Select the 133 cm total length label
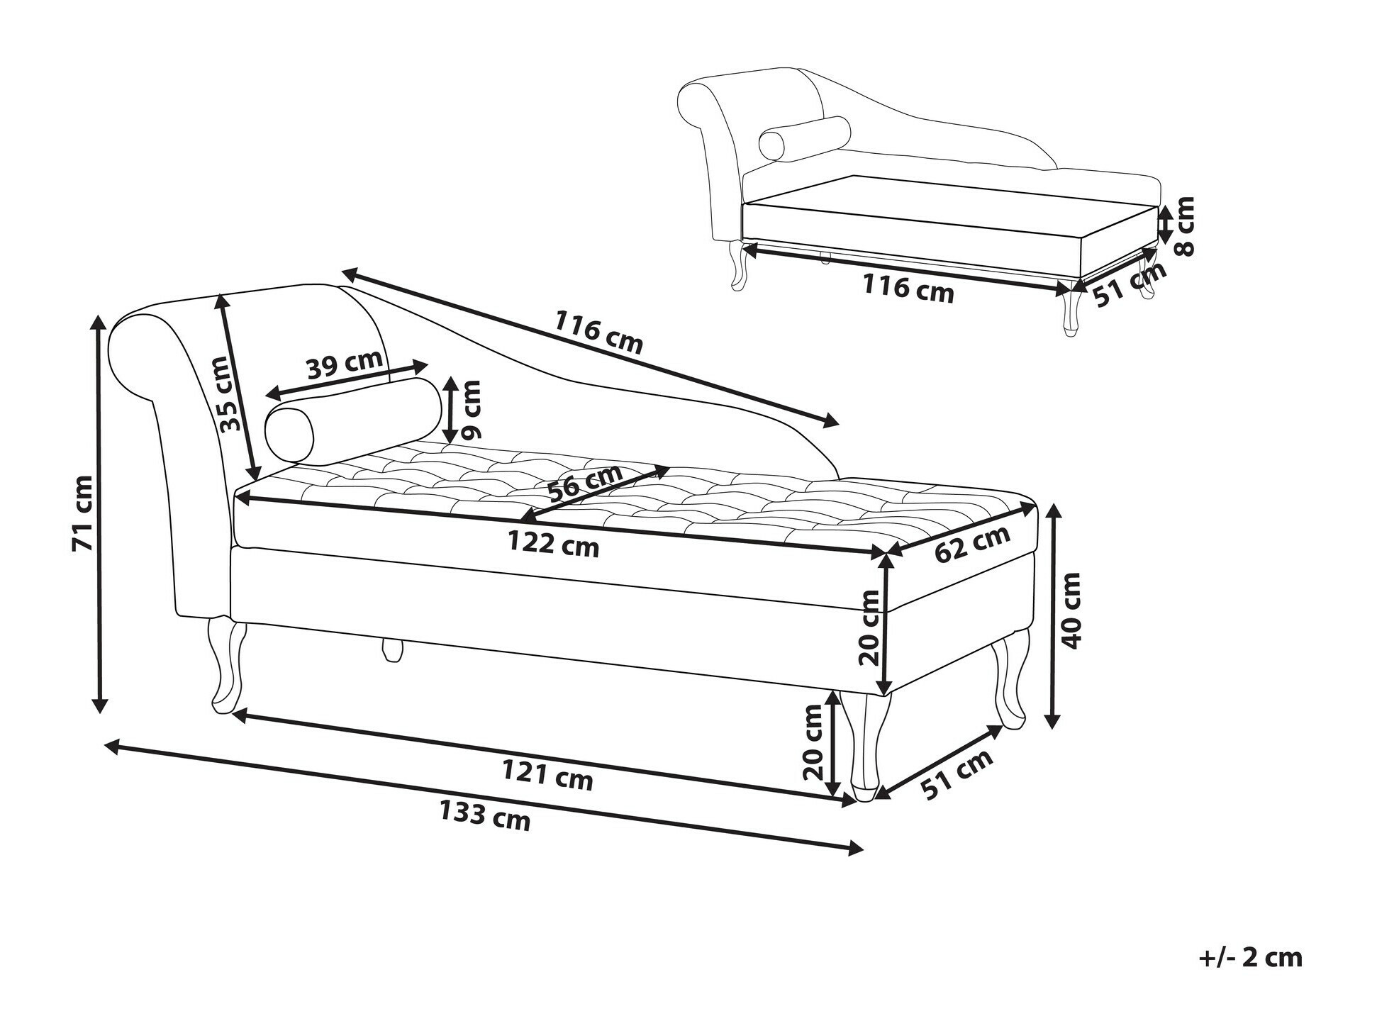(484, 814)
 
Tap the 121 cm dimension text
(547, 774)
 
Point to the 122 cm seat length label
(553, 543)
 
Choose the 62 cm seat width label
(971, 543)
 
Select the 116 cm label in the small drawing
(908, 288)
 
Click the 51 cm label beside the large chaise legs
(957, 775)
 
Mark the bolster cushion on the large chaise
(352, 421)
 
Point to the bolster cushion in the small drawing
(804, 138)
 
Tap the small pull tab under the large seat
(391, 650)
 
